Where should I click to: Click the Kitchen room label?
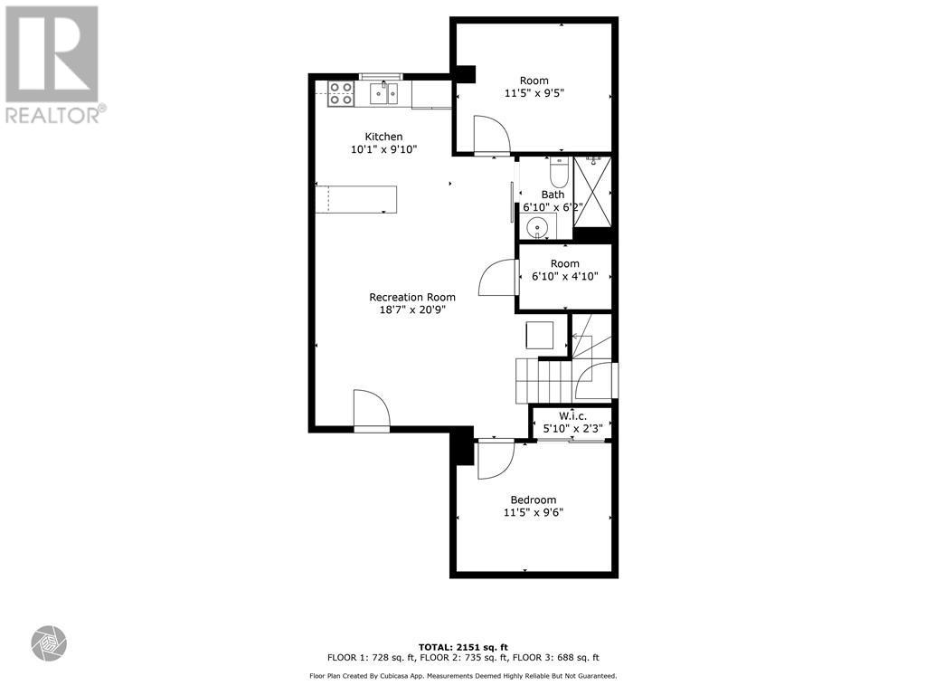(383, 137)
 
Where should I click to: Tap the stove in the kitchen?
(341, 93)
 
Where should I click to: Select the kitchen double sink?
(384, 93)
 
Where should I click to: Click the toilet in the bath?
(558, 171)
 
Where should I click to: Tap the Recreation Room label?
(411, 297)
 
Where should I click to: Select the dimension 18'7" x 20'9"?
(411, 309)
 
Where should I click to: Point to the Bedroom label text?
(533, 500)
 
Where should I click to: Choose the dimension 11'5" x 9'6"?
(533, 513)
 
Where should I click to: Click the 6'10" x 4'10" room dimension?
(564, 277)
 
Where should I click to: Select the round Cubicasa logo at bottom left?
(49, 643)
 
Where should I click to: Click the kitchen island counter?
(356, 198)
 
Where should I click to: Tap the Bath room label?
(553, 195)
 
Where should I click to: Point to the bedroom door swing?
(494, 460)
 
